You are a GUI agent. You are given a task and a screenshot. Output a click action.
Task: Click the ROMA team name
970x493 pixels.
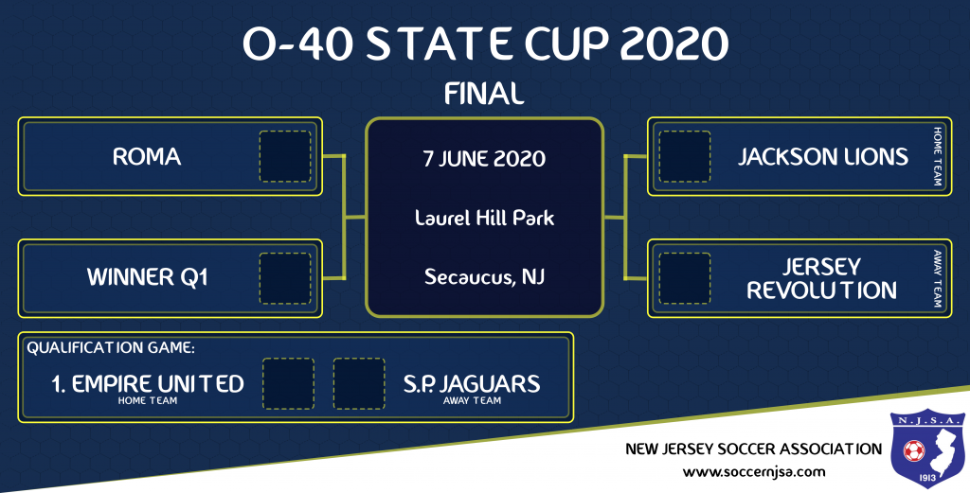(147, 156)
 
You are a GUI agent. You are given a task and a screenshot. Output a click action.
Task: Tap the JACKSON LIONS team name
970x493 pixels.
(823, 156)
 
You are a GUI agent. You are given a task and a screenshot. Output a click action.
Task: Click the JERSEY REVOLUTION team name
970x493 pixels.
(821, 278)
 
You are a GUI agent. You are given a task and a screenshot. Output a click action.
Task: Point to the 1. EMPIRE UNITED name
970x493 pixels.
(147, 384)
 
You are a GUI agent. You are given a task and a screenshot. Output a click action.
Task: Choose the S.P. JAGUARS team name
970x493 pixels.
(472, 384)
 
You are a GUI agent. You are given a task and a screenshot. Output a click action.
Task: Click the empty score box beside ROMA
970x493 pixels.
(285, 156)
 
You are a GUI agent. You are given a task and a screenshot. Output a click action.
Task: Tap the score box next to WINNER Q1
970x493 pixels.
(285, 278)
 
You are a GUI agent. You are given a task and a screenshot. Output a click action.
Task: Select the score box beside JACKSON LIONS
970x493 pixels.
(684, 156)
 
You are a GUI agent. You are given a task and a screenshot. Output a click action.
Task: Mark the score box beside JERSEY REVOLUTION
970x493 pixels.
(684, 278)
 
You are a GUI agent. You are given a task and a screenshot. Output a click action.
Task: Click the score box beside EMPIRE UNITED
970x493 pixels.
(288, 383)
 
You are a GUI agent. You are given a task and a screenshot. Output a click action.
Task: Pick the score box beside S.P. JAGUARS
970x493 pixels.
(359, 383)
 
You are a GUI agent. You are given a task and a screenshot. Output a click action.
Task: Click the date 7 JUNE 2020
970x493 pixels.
(484, 159)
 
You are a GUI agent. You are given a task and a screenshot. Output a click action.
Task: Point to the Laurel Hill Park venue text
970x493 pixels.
(484, 218)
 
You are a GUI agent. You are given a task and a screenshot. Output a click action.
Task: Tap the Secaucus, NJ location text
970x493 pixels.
(484, 276)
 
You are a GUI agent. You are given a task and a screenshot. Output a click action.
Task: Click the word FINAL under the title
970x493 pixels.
(484, 94)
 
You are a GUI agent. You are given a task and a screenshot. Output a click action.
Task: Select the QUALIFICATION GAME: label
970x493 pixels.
(111, 348)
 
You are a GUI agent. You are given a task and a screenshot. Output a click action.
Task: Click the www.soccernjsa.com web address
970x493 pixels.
(754, 472)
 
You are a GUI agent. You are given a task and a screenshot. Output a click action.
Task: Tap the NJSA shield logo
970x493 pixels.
(927, 448)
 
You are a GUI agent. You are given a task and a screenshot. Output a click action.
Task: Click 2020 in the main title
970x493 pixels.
(674, 44)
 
